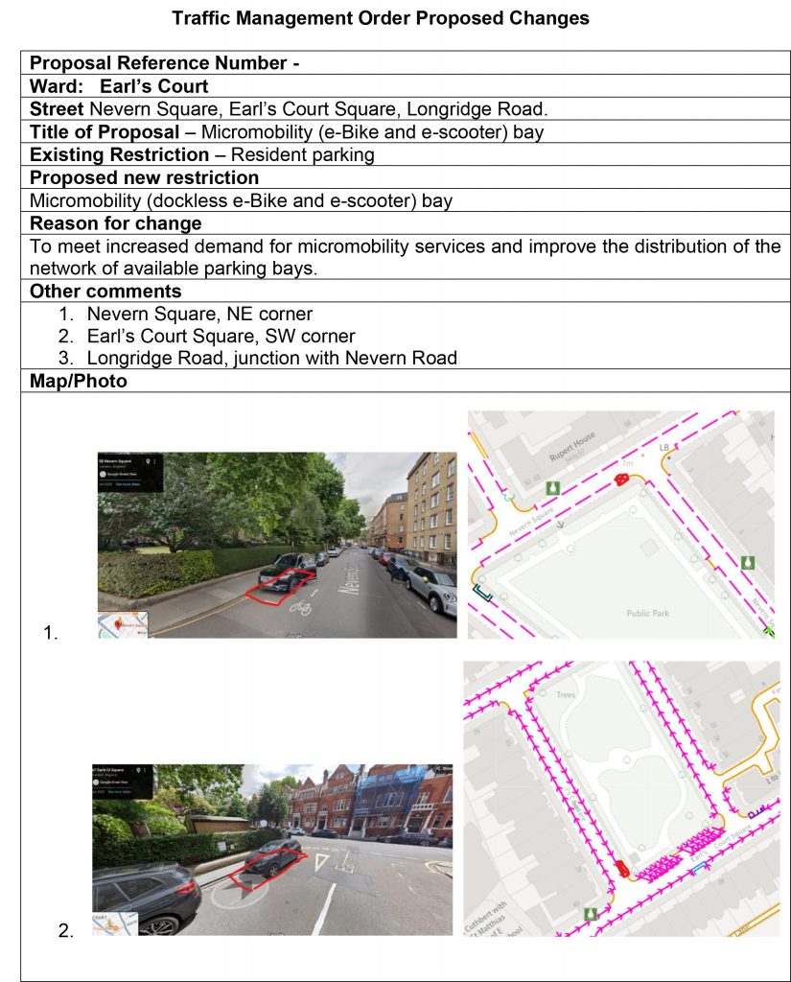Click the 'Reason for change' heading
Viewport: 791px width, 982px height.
115,223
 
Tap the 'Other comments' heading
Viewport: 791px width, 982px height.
105,292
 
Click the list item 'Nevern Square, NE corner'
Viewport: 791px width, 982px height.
199,314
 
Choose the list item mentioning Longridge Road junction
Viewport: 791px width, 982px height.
271,358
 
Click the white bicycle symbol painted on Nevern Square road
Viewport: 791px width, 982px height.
300,607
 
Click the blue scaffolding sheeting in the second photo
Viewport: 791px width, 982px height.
394,797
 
